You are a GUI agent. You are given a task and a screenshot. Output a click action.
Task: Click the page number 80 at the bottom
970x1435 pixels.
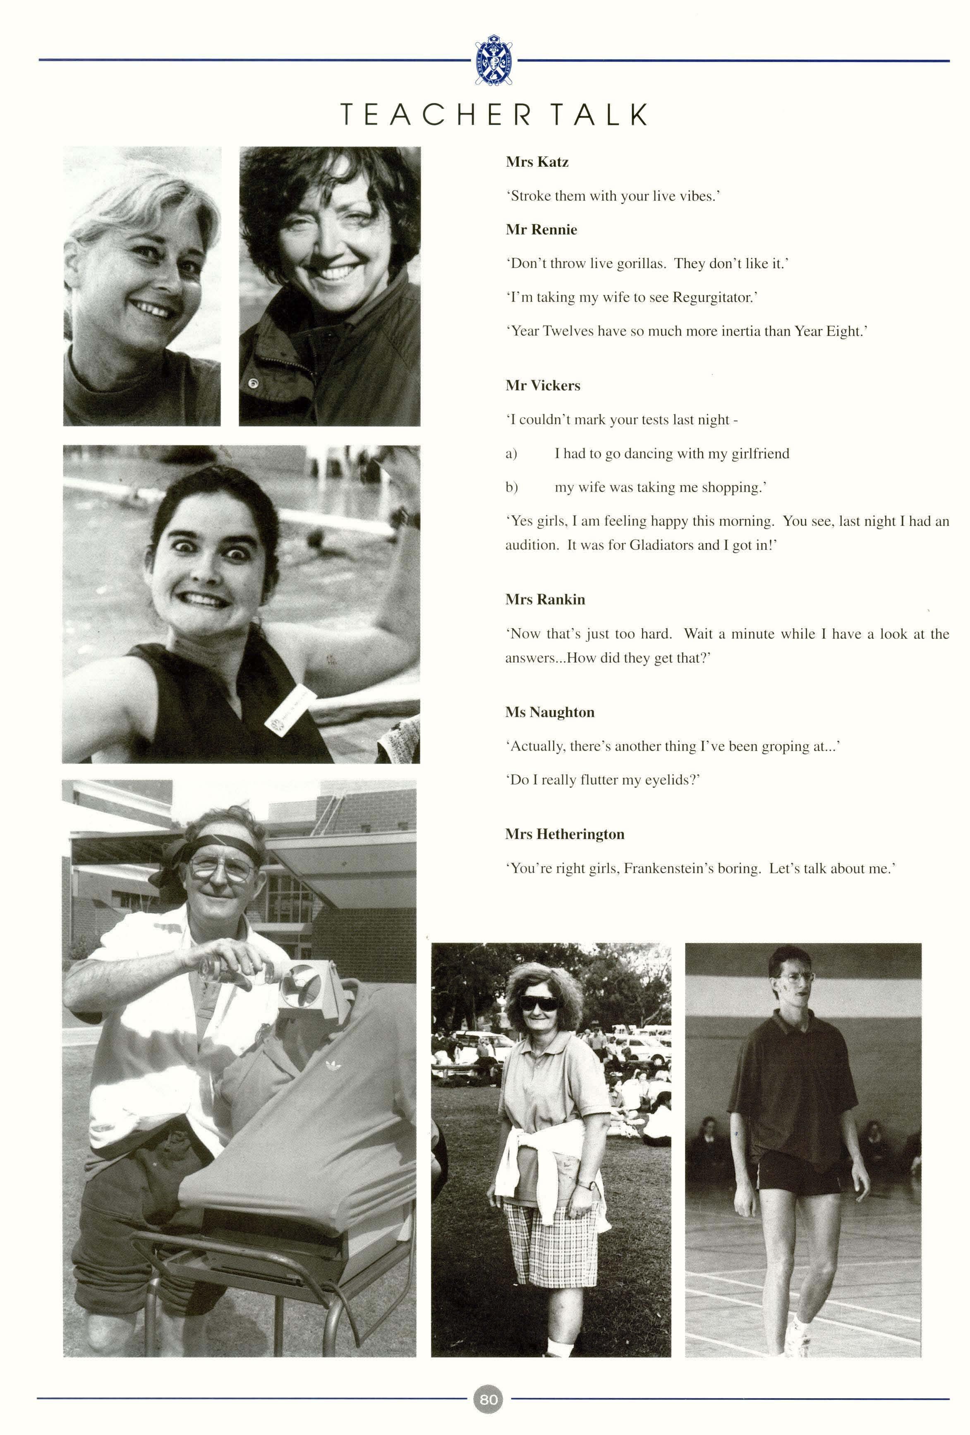coord(488,1399)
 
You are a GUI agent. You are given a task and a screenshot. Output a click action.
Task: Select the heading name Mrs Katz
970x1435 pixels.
coord(536,162)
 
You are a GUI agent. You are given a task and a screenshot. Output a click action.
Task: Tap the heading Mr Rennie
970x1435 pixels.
coord(541,230)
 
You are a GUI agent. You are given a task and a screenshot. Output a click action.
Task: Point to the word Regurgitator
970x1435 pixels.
coord(713,298)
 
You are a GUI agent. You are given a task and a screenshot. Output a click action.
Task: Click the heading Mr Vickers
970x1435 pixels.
coord(543,386)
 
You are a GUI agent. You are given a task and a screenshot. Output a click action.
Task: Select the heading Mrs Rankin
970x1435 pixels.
coord(545,600)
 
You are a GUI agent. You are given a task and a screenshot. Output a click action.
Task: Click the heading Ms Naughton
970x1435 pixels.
coord(549,713)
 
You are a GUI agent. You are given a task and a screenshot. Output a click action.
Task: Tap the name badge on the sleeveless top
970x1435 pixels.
coord(289,708)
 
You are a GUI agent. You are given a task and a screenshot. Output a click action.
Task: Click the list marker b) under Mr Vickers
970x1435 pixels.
coord(511,488)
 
